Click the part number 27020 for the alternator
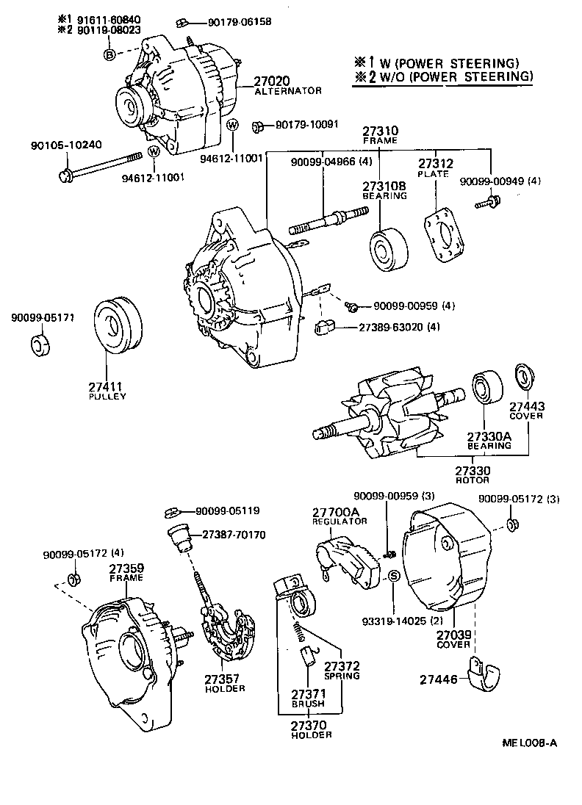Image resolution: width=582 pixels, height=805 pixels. (x=273, y=81)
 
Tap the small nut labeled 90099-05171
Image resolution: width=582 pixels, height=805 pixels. (x=42, y=344)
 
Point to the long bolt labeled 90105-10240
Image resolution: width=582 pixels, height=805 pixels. (x=103, y=165)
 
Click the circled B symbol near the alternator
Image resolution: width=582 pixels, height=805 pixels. (x=109, y=54)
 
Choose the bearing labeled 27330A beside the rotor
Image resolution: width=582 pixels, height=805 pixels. (x=485, y=387)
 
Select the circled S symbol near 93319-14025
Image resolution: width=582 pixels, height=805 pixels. (x=393, y=576)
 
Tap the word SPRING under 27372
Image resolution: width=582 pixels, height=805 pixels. (x=342, y=675)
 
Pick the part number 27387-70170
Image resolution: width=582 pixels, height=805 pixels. (x=235, y=535)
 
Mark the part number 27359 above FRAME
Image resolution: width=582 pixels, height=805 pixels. (x=126, y=568)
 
